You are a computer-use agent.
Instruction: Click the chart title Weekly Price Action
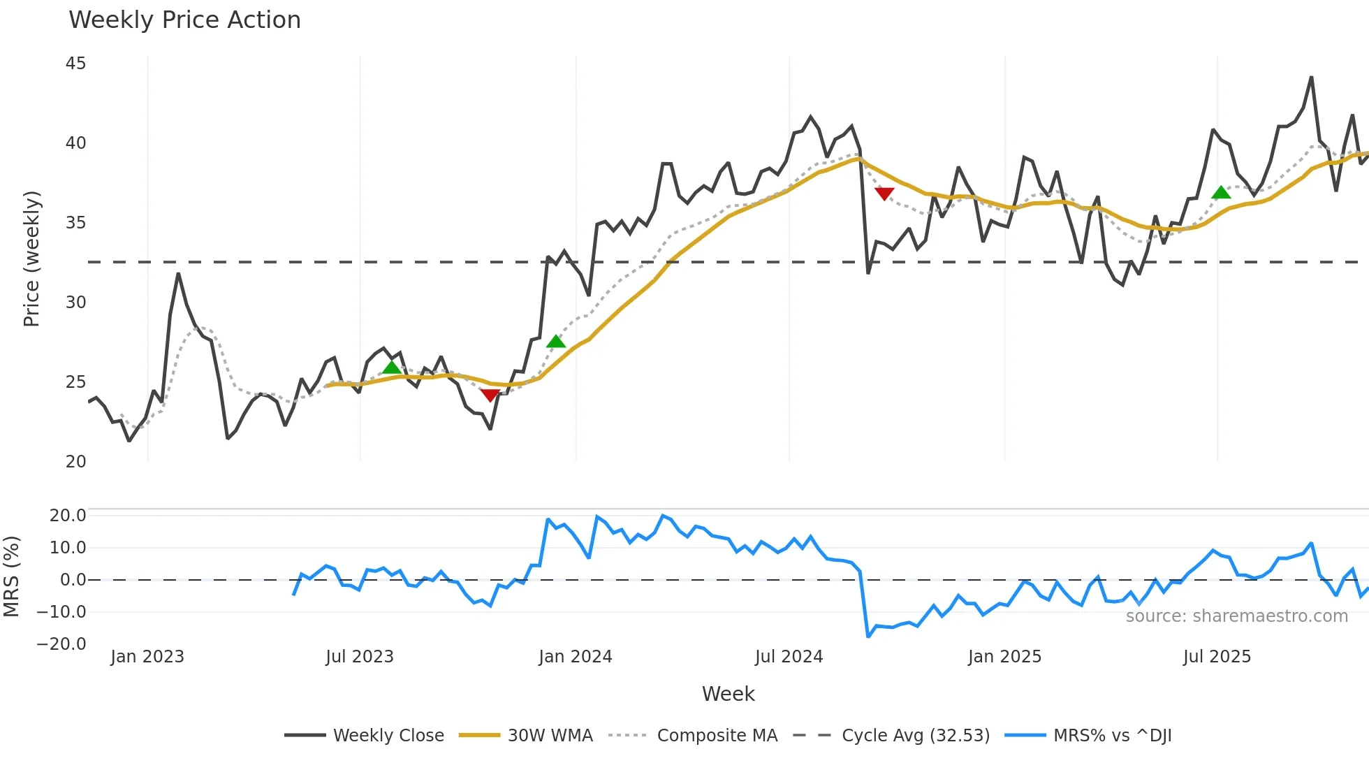tap(184, 20)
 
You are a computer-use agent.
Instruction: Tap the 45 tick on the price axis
tap(75, 64)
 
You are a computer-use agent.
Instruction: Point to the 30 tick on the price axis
tap(75, 303)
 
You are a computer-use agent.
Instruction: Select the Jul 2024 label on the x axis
tap(789, 657)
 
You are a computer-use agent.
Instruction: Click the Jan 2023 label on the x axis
tap(147, 657)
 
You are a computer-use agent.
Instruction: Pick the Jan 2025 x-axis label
tap(1004, 657)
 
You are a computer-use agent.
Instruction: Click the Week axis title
tap(728, 694)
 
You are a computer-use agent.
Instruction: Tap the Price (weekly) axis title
tap(31, 259)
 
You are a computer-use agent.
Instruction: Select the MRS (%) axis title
tap(12, 576)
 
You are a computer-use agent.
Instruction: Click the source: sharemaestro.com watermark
tap(1236, 616)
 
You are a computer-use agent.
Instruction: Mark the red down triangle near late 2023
tap(490, 395)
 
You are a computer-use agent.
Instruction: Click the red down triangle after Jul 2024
tap(884, 194)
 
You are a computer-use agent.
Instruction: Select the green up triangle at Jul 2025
tap(1221, 193)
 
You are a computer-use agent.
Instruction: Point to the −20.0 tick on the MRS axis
tap(61, 644)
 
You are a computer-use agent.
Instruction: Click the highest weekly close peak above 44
tap(1311, 78)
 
